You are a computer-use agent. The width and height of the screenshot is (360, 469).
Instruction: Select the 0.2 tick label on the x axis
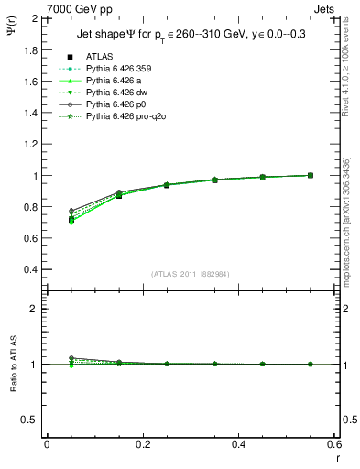coord(142,444)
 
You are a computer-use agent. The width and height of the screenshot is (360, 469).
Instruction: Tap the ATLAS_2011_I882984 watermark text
coord(190,274)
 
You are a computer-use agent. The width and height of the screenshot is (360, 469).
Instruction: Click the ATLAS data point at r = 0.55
coord(310,175)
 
